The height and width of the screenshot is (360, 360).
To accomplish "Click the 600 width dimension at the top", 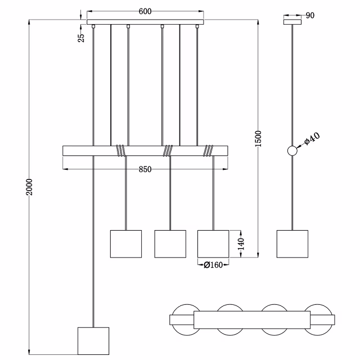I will point(145,12).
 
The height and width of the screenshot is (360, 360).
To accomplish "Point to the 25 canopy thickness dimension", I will point(81,37).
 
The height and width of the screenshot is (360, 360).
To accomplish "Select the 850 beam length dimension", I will point(145,170).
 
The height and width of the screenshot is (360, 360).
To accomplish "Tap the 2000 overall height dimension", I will point(30,187).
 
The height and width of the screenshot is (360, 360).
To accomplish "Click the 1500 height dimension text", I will point(258,139).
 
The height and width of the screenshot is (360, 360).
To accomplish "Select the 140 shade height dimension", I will point(240,244).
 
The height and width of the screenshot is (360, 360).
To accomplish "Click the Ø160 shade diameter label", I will point(213,264).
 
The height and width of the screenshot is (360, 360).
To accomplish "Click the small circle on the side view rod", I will point(292,151).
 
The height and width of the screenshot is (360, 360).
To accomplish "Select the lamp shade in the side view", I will point(292,243).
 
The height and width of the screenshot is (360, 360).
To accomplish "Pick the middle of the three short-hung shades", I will point(170,243).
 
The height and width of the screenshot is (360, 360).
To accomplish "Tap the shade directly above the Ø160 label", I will point(213,243).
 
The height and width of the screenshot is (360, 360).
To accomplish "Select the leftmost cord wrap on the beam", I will point(120,150).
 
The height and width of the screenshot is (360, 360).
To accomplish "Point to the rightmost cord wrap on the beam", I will point(209,150).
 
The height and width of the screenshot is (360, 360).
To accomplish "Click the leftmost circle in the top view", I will point(185,319).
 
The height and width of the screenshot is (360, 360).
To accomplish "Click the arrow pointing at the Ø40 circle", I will point(301,146).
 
